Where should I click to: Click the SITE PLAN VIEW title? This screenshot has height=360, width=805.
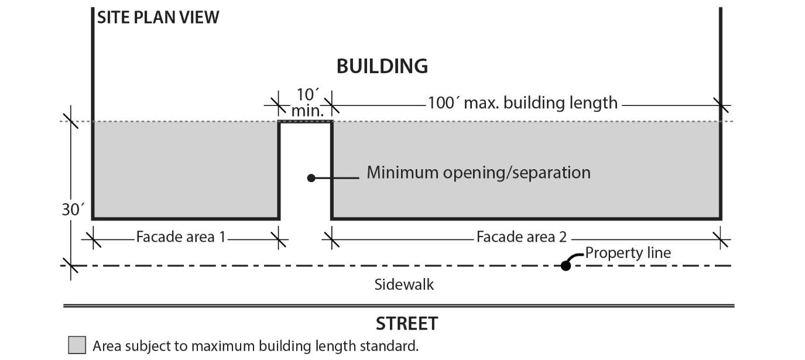pyautogui.click(x=158, y=18)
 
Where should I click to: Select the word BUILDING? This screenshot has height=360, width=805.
pyautogui.click(x=382, y=66)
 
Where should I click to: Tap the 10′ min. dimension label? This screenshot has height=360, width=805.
pyautogui.click(x=307, y=102)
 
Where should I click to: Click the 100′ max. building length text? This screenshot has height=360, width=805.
pyautogui.click(x=522, y=103)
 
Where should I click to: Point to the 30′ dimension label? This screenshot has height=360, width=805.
pyautogui.click(x=73, y=209)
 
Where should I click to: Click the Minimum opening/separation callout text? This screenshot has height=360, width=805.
pyautogui.click(x=478, y=173)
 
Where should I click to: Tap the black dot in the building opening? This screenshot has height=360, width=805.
pyautogui.click(x=311, y=177)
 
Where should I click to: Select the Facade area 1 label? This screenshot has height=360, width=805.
pyautogui.click(x=180, y=237)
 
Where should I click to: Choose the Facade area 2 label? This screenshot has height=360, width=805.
pyautogui.click(x=521, y=237)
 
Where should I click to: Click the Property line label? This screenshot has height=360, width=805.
pyautogui.click(x=628, y=253)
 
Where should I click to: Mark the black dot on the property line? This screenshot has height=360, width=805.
pyautogui.click(x=566, y=266)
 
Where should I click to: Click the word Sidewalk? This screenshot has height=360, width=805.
pyautogui.click(x=404, y=285)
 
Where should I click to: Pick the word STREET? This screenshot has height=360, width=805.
pyautogui.click(x=406, y=324)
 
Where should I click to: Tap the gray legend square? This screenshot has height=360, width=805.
pyautogui.click(x=77, y=345)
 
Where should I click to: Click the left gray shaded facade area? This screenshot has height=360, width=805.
pyautogui.click(x=184, y=170)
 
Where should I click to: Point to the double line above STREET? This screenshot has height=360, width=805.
pyautogui.click(x=398, y=306)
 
